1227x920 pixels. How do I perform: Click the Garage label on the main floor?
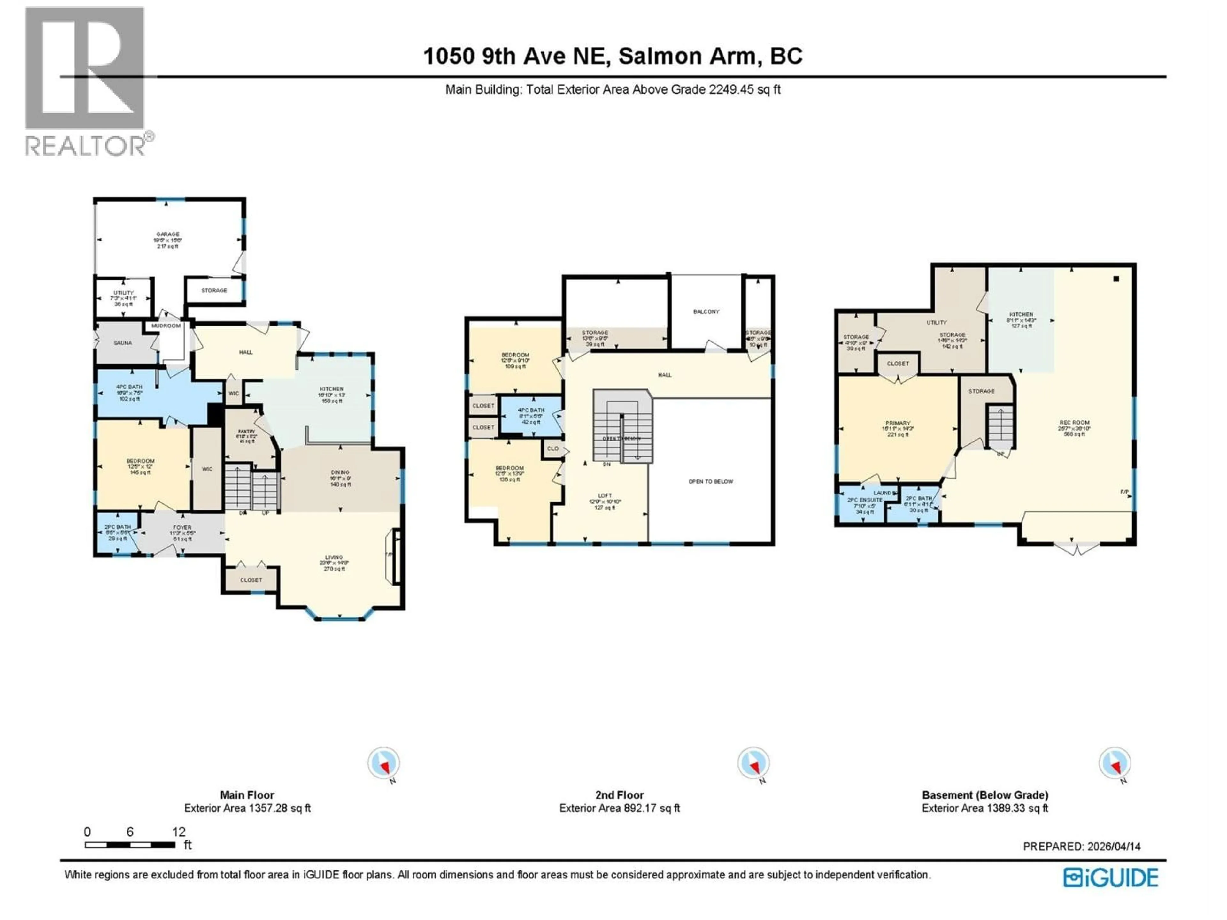167,234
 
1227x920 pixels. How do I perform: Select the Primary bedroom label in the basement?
898,424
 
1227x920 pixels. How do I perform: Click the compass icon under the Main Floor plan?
383,763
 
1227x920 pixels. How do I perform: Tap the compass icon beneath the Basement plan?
1115,763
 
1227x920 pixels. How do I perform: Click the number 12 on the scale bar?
179,832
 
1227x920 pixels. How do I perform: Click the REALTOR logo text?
86,146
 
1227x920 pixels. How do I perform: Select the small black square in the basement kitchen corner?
1116,279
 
